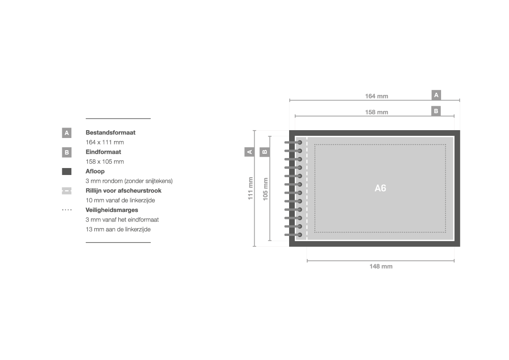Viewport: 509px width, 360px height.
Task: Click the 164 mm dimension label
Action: [377, 96]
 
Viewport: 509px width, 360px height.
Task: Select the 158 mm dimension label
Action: [377, 112]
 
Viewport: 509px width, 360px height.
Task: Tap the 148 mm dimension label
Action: [381, 266]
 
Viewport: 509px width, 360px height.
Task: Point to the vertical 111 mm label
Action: [250, 188]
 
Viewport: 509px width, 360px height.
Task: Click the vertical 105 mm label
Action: [265, 189]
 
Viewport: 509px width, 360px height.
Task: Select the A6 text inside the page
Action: [380, 188]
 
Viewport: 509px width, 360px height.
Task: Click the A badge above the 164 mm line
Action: [436, 95]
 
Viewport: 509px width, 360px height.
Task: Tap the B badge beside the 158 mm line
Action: [436, 111]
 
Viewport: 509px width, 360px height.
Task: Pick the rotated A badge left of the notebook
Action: [249, 152]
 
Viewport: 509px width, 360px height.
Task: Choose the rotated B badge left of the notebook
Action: [265, 152]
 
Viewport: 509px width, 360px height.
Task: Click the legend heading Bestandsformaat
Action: [110, 132]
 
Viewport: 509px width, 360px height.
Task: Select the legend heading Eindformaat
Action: [103, 152]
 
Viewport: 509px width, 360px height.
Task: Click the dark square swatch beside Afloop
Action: [67, 172]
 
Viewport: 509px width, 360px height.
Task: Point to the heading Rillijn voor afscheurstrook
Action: [123, 191]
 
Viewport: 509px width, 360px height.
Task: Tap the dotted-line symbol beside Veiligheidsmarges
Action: [67, 210]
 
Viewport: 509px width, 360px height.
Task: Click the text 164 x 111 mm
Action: [104, 142]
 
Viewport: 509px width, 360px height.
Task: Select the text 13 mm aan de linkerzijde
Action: [118, 229]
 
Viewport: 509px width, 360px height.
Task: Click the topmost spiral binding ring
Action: [293, 142]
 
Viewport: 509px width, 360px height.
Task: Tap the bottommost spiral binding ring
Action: [293, 235]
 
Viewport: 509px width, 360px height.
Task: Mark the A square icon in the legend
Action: [67, 133]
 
